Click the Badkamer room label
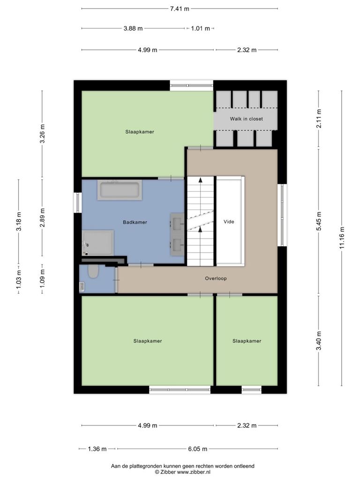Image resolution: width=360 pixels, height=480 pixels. (x=135, y=222)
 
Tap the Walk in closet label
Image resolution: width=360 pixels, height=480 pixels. (x=247, y=119)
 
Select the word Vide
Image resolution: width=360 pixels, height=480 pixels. (x=229, y=222)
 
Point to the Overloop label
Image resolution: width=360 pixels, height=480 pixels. (x=216, y=278)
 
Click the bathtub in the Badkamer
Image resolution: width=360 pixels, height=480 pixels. (x=120, y=190)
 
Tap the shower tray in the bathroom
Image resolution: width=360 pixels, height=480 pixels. (x=97, y=243)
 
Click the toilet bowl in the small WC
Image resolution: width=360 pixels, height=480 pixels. (x=93, y=271)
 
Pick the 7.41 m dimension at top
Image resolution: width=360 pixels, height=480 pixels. (x=180, y=8)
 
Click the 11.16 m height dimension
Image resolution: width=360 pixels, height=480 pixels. (x=342, y=238)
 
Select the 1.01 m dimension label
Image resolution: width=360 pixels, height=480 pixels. (x=201, y=29)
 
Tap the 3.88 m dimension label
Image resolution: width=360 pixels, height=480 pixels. (x=133, y=29)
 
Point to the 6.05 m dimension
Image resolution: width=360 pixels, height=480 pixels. (x=198, y=449)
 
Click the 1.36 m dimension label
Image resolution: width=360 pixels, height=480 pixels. (x=97, y=449)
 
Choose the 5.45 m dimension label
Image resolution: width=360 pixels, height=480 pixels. (x=319, y=221)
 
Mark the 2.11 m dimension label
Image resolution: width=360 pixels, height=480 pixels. (x=319, y=119)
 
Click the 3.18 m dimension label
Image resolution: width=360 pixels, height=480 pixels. (x=19, y=222)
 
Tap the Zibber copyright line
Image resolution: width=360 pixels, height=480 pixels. (x=182, y=472)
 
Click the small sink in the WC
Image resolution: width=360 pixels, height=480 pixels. (x=82, y=287)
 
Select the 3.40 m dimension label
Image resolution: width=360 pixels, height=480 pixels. (x=319, y=341)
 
